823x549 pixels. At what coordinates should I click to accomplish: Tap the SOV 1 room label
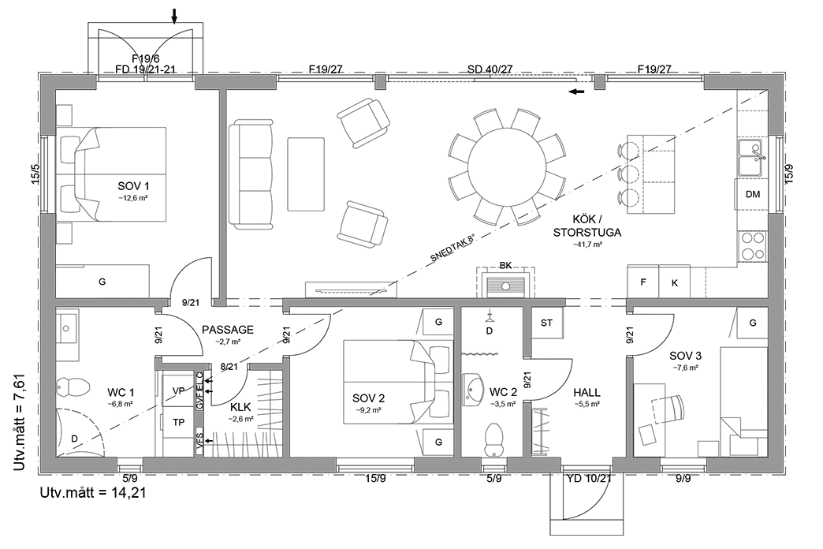[x=133, y=186]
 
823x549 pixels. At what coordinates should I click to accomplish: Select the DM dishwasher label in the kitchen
[x=753, y=194]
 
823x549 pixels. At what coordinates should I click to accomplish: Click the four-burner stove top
[x=752, y=246]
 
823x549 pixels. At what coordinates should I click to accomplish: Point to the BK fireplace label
[x=505, y=266]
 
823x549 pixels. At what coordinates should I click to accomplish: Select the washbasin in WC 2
[x=475, y=390]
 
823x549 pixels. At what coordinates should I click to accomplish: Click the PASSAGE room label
[x=228, y=330]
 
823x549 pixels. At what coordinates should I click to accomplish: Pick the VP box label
[x=178, y=391]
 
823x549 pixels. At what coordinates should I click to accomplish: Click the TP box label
[x=178, y=422]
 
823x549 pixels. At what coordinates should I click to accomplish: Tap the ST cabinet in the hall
[x=546, y=323]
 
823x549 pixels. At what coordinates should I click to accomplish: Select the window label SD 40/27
[x=490, y=69]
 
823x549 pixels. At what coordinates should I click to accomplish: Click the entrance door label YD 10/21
[x=590, y=479]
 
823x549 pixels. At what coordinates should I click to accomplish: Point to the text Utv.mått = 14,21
[x=93, y=493]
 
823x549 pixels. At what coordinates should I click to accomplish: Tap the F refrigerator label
[x=643, y=282]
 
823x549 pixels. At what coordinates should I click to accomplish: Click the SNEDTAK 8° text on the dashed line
[x=452, y=248]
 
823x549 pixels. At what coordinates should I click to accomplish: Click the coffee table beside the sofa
[x=306, y=174]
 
